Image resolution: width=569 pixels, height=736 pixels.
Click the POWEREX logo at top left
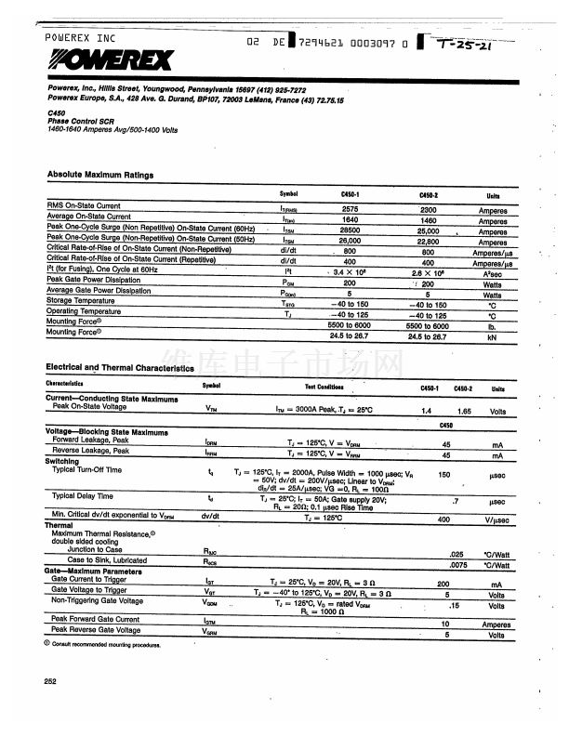pos(110,60)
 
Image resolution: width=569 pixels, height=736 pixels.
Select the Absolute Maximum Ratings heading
pos(100,175)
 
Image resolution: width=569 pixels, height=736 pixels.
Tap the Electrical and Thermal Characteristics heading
pos(120,368)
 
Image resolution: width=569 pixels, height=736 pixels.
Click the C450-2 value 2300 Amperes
pos(427,209)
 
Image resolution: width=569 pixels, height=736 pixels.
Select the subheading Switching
pos(62,461)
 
